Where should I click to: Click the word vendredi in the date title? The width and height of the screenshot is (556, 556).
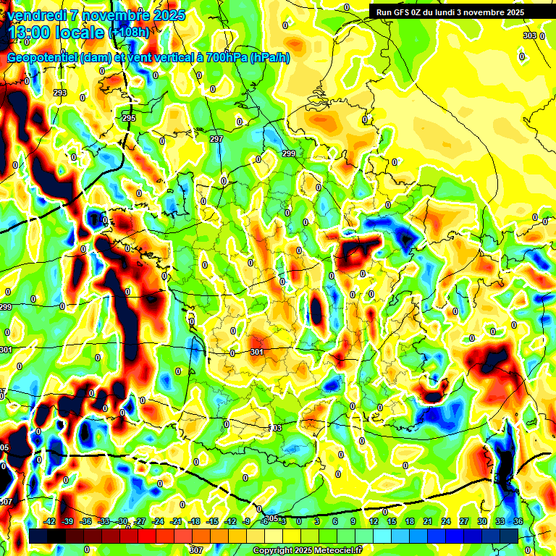click(x=34, y=15)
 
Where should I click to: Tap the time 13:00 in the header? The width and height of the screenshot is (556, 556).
click(x=31, y=32)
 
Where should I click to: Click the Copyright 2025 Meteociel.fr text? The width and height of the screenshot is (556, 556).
click(x=306, y=551)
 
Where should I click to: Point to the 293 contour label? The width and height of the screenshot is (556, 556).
click(x=60, y=93)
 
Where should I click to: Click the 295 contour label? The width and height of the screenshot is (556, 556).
click(x=129, y=118)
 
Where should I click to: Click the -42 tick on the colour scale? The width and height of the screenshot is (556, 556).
click(x=50, y=521)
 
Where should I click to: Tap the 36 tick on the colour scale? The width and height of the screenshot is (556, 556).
click(x=518, y=521)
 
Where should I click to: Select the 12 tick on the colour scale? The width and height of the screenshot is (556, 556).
click(x=373, y=521)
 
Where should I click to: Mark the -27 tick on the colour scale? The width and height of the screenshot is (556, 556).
click(x=140, y=521)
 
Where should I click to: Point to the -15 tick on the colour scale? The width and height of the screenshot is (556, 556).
click(x=212, y=521)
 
